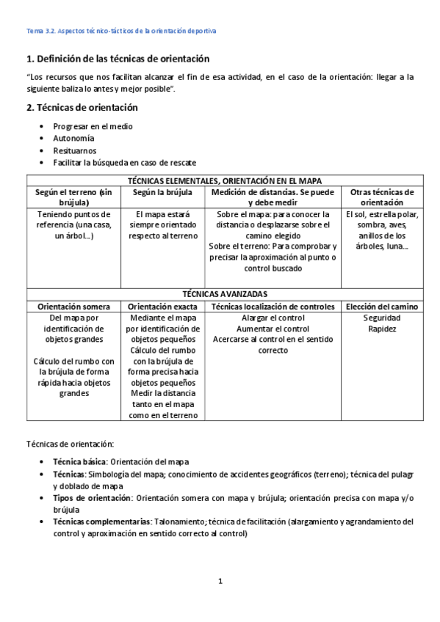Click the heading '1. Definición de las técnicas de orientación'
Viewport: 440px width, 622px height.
(x=118, y=58)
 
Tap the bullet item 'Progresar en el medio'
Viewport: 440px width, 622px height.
(x=93, y=126)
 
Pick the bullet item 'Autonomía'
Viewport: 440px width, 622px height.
(x=73, y=138)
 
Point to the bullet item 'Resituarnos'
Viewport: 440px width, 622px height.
(x=75, y=150)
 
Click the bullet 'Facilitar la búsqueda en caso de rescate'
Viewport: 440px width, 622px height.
(x=124, y=163)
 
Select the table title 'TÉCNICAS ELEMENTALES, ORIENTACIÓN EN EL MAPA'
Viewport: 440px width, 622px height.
(x=225, y=180)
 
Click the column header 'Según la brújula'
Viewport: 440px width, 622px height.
(x=162, y=192)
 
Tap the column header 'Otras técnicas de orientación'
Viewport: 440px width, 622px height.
(x=382, y=197)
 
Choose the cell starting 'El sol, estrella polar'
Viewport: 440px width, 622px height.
(x=382, y=231)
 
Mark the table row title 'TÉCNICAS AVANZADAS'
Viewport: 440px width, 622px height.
(x=225, y=293)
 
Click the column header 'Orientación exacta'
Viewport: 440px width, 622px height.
(x=162, y=306)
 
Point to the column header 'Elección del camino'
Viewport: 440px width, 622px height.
(x=382, y=306)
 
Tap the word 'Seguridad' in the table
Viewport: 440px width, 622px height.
(x=382, y=318)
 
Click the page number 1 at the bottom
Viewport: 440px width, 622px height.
(x=220, y=582)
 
